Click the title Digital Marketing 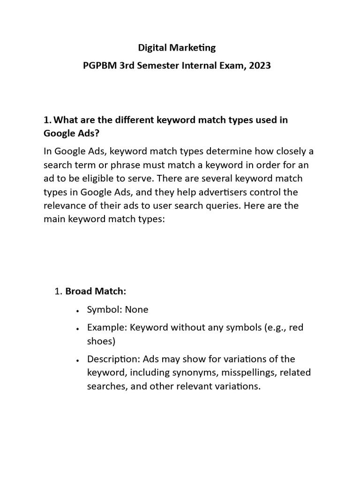click(x=176, y=47)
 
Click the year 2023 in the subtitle click(x=260, y=66)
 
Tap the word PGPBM click(x=98, y=66)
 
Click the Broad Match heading click(x=96, y=291)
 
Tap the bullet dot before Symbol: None click(x=76, y=310)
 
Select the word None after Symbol click(x=136, y=309)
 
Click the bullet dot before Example click(x=76, y=329)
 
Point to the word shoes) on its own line click(x=101, y=341)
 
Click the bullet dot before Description click(x=76, y=360)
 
